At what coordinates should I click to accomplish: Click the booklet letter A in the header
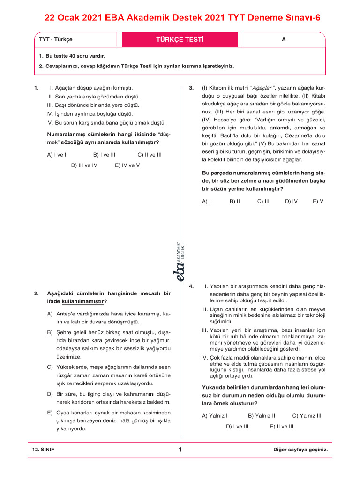[284, 40]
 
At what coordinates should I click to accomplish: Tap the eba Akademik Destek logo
[180, 262]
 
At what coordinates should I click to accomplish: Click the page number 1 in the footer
[180, 450]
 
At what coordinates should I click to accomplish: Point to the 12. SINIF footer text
[43, 450]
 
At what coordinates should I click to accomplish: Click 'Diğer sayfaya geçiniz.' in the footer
[300, 450]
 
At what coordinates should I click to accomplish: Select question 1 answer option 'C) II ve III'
[150, 154]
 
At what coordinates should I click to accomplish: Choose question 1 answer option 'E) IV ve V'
[127, 165]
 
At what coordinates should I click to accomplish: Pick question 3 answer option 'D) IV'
[291, 201]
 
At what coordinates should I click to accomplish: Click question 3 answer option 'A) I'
[206, 201]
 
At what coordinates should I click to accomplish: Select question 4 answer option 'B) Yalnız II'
[261, 415]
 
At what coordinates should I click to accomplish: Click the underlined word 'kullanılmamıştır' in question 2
[83, 301]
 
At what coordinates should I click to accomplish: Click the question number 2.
[36, 293]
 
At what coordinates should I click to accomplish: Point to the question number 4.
[191, 286]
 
